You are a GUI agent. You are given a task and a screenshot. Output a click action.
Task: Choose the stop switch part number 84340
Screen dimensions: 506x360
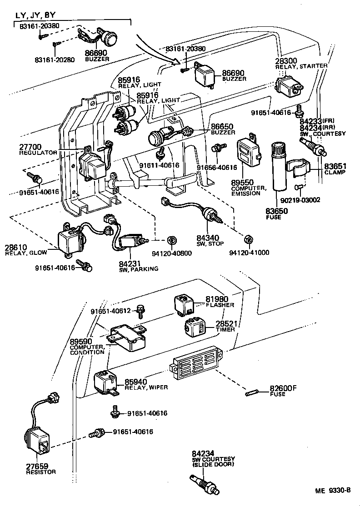click(208, 238)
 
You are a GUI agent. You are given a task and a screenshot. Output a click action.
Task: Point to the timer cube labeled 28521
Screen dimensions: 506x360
click(195, 327)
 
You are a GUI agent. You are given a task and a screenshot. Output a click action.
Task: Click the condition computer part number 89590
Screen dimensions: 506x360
click(81, 342)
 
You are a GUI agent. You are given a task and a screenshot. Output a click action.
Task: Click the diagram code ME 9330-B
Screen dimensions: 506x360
click(333, 491)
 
